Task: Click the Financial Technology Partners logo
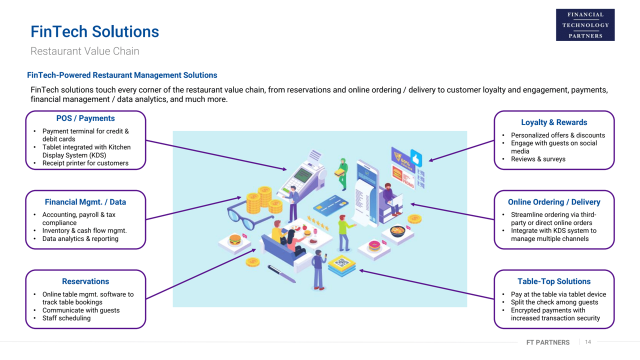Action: pos(585,25)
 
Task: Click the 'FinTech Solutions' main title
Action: pos(94,31)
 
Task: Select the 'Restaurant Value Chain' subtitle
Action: pos(85,51)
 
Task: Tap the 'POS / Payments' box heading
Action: pos(85,118)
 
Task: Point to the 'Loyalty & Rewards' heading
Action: pos(554,122)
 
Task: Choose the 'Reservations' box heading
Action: pos(85,281)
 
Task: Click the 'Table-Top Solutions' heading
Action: pos(554,281)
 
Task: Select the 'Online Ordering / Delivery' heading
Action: pos(554,202)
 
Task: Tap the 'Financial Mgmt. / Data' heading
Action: pos(85,202)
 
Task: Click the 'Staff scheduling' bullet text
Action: pos(66,318)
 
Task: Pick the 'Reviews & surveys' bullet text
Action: pos(538,159)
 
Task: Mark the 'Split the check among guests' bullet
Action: pos(554,302)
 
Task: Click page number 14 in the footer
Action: pos(588,342)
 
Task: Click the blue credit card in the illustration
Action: pos(330,205)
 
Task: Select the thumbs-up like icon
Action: pos(416,158)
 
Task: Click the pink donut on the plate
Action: pos(374,245)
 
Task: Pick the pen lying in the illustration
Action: pos(281,274)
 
